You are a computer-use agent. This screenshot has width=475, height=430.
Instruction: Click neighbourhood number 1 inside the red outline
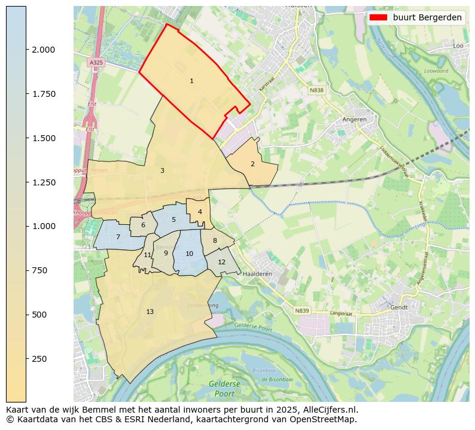point(191,81)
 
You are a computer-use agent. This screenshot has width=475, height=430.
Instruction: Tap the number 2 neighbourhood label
point(252,164)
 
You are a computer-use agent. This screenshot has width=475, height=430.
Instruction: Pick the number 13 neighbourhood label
point(150,312)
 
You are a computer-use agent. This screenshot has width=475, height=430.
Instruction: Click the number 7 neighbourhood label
point(118,237)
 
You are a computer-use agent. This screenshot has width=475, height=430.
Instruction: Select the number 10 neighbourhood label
point(189,254)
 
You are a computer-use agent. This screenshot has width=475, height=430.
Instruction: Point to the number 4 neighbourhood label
point(200,212)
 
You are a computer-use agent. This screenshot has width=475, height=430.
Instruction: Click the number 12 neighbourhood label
point(221,262)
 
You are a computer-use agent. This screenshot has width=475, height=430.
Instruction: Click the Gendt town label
point(398,307)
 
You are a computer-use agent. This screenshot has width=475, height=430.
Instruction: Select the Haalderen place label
point(258,274)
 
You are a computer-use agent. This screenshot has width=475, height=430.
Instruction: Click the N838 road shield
point(316,90)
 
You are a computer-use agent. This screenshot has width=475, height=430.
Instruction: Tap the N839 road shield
point(302,310)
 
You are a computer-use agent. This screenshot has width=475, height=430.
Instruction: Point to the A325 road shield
point(96,62)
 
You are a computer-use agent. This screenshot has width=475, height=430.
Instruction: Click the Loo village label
point(458,45)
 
